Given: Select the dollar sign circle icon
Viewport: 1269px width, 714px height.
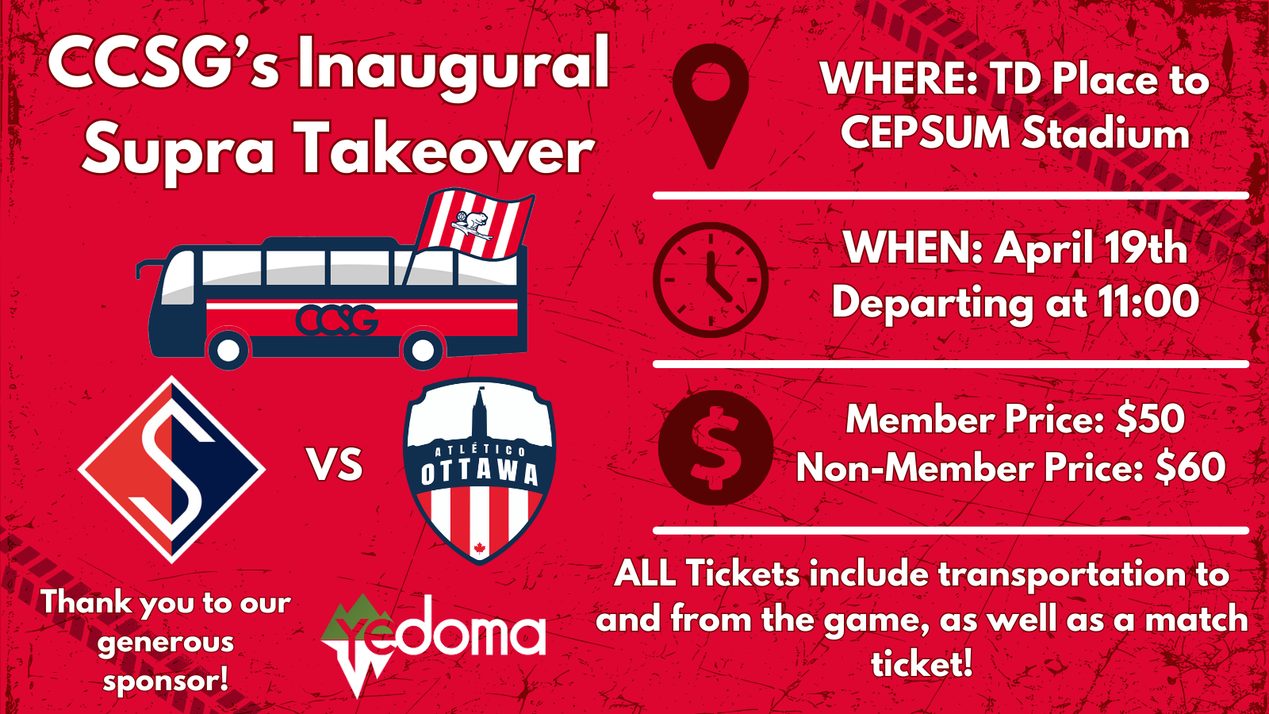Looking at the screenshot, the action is coord(715,447).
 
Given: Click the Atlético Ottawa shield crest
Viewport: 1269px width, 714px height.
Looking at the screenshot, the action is coord(479,470).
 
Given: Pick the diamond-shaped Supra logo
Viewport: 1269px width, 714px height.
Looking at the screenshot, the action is coord(171,470).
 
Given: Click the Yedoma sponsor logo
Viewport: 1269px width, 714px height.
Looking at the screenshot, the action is coord(433,645).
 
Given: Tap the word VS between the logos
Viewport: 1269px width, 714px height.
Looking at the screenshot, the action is coord(335,465).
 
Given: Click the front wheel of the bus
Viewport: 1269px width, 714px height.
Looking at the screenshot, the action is coord(228,350).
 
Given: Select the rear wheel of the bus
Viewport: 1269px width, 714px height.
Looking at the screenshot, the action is coord(422,350).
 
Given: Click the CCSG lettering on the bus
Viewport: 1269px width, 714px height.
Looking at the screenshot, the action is coord(336,321).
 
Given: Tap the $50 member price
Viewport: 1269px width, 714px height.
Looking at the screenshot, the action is coord(1151,420).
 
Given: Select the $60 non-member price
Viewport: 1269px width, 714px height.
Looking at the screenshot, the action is coord(1190,468).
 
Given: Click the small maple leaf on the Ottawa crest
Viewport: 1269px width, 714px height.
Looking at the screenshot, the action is coord(479,548).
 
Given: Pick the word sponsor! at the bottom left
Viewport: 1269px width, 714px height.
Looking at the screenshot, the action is coord(166,679).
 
